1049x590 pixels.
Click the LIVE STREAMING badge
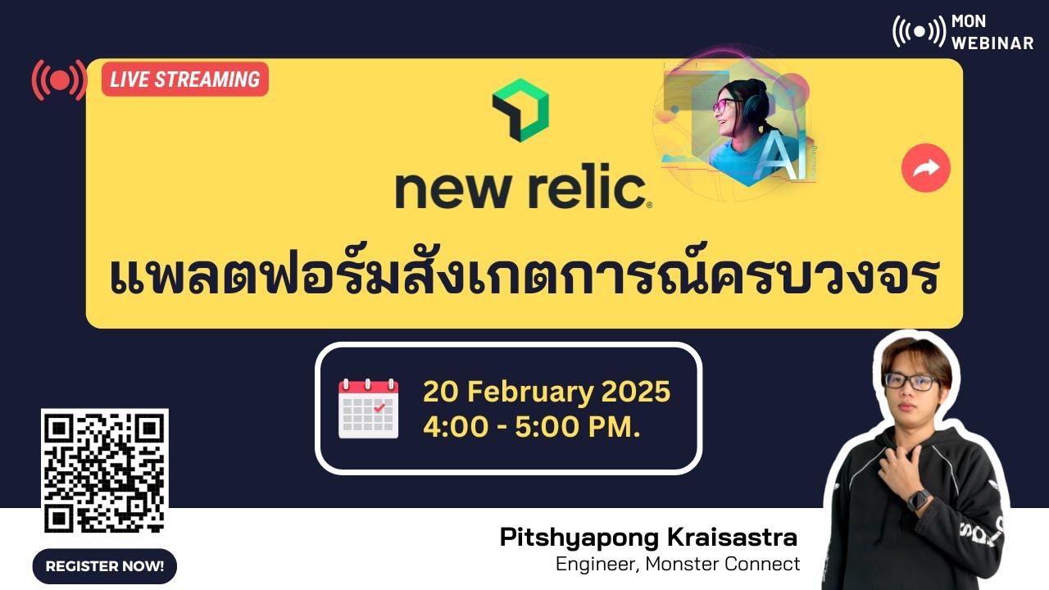coord(184,79)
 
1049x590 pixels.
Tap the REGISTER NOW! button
coord(105,565)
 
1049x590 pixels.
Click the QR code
coord(105,471)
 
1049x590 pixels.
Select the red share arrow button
coord(925,168)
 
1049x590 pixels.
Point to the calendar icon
coord(369,408)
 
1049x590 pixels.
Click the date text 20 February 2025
coord(547,392)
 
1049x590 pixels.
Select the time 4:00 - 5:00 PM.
coord(531,427)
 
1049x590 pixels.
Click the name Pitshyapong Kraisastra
coord(648,538)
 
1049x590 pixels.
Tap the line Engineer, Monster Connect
coord(678,564)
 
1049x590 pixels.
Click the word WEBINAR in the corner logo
coord(992,43)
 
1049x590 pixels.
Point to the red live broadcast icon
coord(59,79)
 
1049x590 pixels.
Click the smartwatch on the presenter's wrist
coord(917,499)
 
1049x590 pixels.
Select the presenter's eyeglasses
coord(910,381)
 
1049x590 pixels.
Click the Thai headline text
coord(524,279)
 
